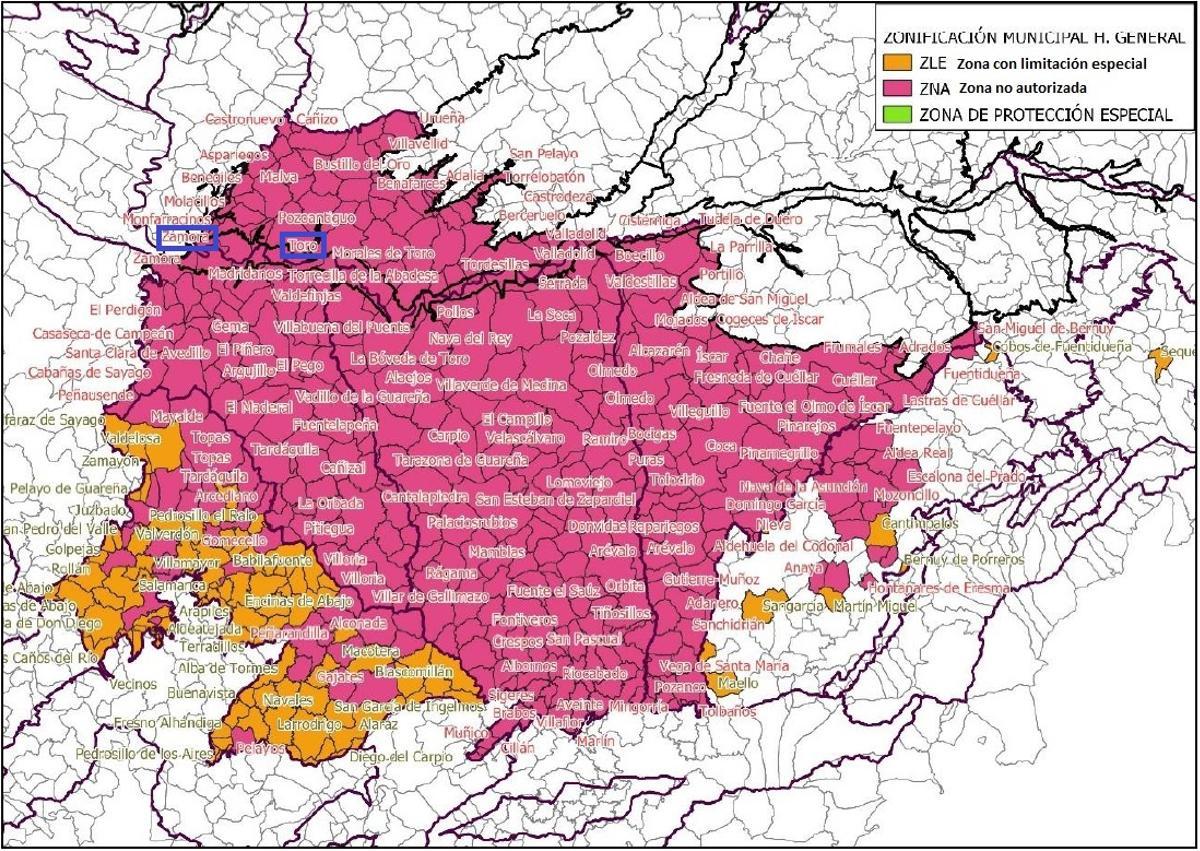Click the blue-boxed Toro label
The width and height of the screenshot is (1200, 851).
(x=303, y=245)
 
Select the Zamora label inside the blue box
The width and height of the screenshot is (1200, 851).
(x=187, y=238)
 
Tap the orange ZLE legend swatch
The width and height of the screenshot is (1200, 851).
(x=895, y=64)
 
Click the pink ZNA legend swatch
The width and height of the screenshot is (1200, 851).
(x=895, y=89)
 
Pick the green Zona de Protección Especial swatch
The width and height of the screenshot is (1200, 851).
(x=895, y=114)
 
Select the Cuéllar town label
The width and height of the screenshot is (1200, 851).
(x=854, y=381)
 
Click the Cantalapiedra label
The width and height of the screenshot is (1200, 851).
(x=425, y=496)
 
